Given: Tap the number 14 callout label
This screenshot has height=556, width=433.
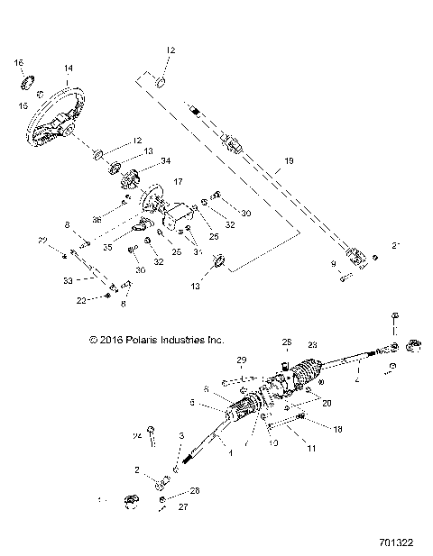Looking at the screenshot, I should point(68,68).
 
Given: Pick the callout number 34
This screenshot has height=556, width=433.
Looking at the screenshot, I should point(165,161).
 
